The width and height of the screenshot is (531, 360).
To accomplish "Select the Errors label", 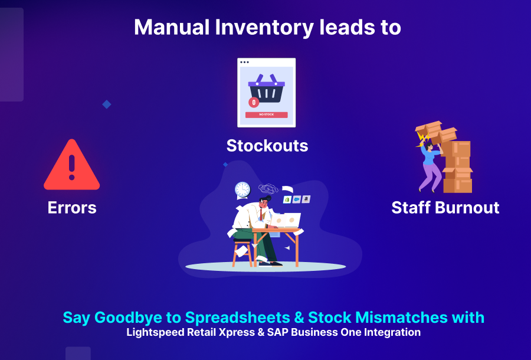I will tap(72, 208).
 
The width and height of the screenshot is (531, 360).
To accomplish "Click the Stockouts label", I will tap(267, 145).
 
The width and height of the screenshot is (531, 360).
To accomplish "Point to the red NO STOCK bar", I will tap(267, 114).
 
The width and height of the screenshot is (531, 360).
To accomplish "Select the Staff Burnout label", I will tap(445, 208).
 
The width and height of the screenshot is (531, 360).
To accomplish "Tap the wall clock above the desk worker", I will tap(242, 189).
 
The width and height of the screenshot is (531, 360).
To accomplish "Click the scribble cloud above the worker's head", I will tap(269, 189).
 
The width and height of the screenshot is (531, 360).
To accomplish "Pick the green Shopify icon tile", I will tap(287, 199).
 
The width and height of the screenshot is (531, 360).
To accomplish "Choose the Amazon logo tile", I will tap(306, 199).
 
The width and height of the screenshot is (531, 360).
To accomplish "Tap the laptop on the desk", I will tap(287, 221).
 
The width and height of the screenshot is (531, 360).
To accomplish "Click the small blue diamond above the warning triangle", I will tap(107, 104).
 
